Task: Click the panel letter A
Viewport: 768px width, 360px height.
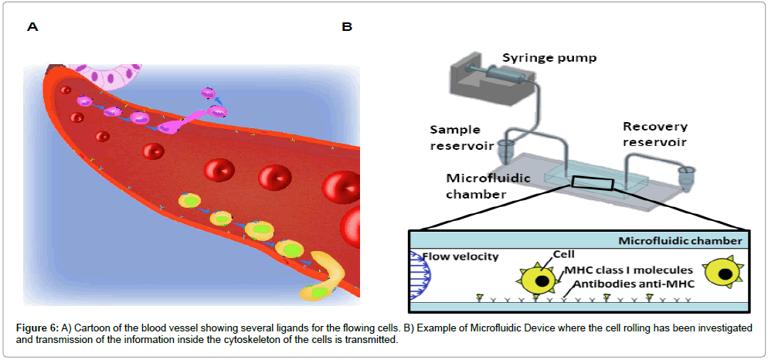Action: coord(32,27)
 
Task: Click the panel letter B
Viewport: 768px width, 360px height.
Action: coord(347,27)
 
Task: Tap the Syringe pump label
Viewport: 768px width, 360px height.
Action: coord(549,58)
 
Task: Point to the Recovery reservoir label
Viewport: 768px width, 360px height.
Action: coord(655,134)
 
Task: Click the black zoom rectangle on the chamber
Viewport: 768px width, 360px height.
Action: coord(593,183)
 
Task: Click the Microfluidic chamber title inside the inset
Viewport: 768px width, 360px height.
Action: coord(680,241)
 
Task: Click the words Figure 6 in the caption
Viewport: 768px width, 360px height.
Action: coord(36,328)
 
